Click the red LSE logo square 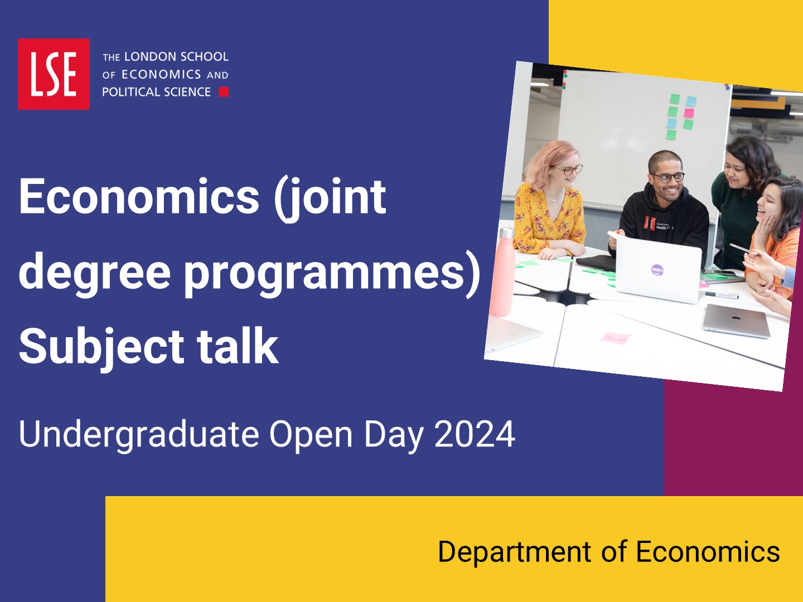(x=54, y=74)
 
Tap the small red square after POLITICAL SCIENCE (x=224, y=92)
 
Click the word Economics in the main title (x=139, y=196)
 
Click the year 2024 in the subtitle (x=475, y=434)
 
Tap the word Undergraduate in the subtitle (x=139, y=435)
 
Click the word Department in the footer (x=514, y=552)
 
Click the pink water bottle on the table (x=505, y=273)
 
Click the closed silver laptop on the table (x=736, y=321)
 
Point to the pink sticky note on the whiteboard (x=689, y=113)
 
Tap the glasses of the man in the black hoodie (x=668, y=177)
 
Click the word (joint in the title (x=330, y=199)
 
